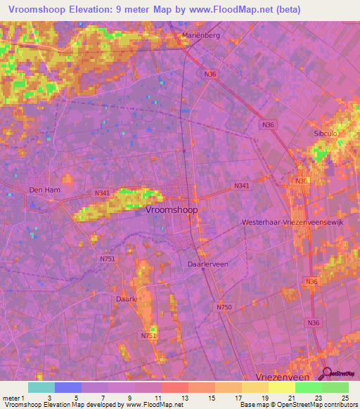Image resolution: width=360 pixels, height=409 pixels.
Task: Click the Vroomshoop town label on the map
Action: click(172, 209)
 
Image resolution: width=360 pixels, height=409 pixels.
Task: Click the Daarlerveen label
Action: click(208, 264)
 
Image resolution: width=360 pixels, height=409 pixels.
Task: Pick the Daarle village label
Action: click(125, 299)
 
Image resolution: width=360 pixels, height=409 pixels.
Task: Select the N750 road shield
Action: click(224, 307)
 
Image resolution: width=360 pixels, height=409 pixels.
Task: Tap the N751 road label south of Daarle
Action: click(148, 336)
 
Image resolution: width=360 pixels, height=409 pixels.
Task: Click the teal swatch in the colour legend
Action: click(41, 387)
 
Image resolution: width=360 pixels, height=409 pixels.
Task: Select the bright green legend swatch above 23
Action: click(309, 387)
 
